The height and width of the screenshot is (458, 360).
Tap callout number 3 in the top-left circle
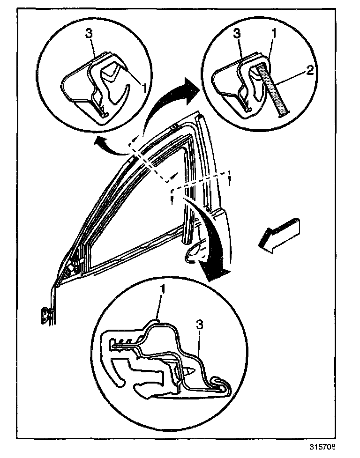point(89,34)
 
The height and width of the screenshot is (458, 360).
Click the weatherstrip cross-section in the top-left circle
point(94,87)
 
